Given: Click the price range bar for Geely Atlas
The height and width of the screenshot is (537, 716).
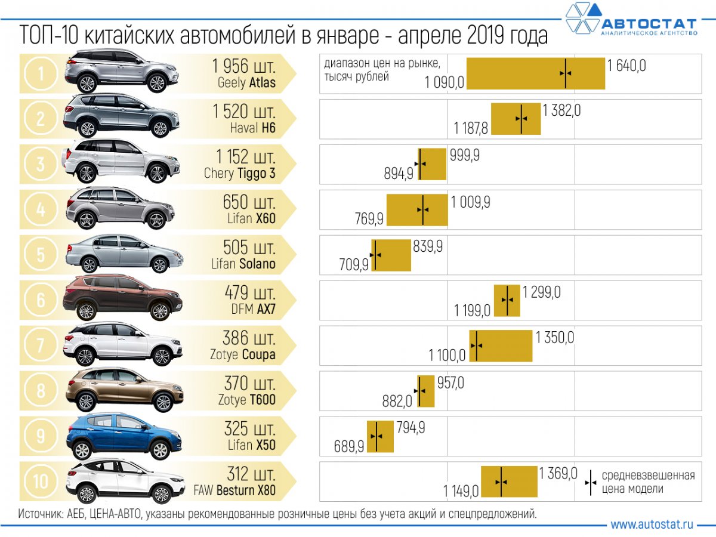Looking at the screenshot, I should [535, 73].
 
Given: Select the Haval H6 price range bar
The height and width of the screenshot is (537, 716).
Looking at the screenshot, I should [516, 119].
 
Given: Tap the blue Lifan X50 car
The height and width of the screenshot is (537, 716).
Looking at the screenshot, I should [123, 437].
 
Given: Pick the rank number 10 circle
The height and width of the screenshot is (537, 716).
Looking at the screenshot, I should [41, 480].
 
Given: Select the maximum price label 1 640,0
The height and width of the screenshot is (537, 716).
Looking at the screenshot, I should [626, 66].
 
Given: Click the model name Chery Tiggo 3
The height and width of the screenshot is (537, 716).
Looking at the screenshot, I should [240, 173].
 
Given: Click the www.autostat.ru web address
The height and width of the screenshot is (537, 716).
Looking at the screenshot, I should [652, 524].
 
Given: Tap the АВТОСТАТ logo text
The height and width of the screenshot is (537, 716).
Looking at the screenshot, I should [648, 24].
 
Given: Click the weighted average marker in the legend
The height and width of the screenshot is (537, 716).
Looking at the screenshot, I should [590, 482].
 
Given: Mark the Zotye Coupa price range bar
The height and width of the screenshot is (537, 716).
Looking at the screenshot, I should [501, 345].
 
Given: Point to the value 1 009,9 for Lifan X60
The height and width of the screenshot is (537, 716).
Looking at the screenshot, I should [470, 202].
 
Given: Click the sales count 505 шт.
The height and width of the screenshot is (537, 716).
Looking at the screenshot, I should [249, 247].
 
